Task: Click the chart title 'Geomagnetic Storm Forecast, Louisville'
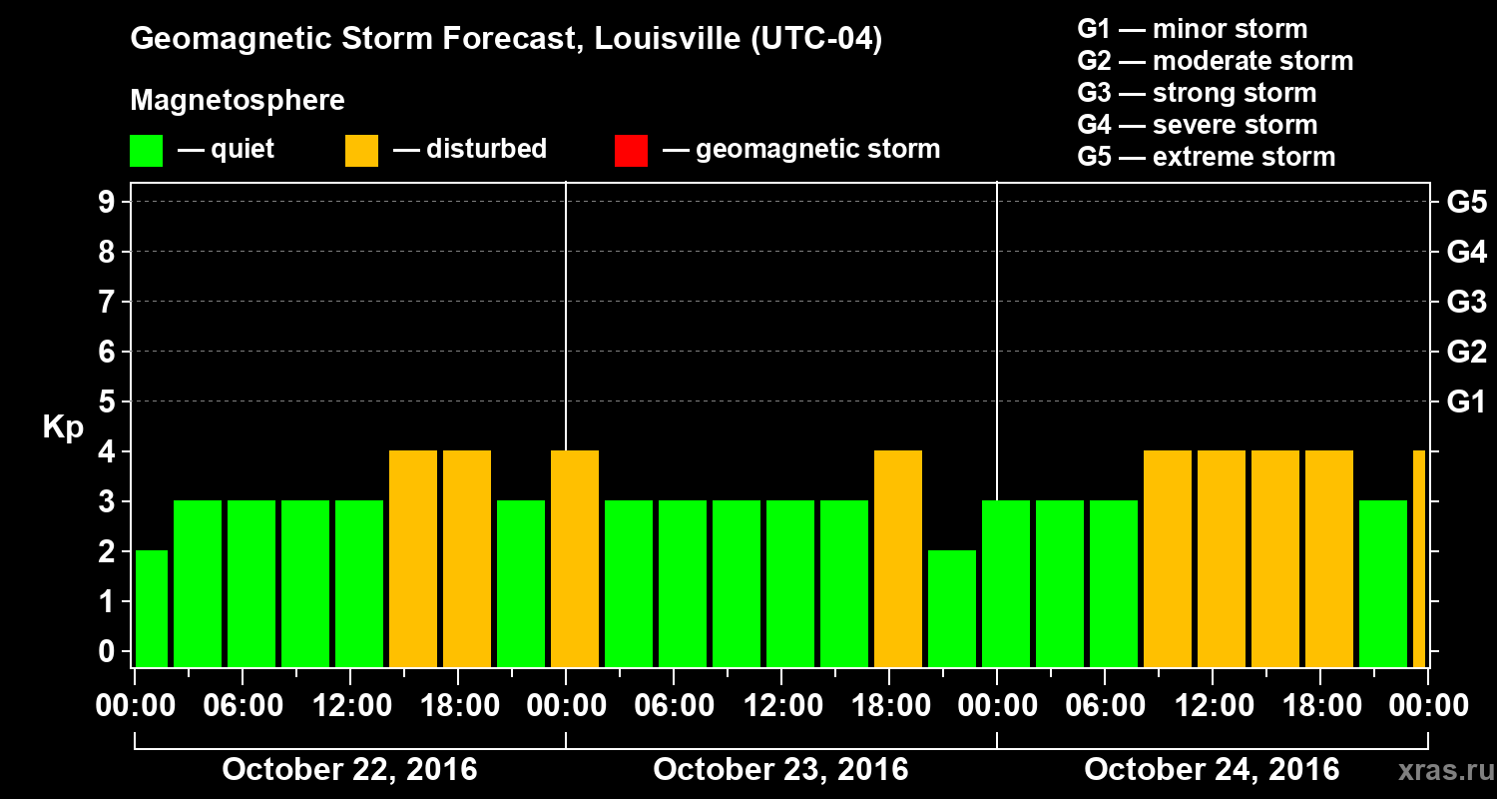(x=506, y=40)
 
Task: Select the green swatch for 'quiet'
(x=146, y=150)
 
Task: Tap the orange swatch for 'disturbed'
(x=361, y=150)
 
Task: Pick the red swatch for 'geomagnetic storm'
(x=631, y=150)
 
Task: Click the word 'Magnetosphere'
(x=238, y=101)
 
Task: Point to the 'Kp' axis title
(x=63, y=427)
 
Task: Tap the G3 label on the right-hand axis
(x=1466, y=302)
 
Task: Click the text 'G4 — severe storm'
(x=1197, y=125)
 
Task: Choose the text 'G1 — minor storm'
(x=1192, y=29)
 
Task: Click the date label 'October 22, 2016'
(x=349, y=770)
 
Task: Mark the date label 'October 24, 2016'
(x=1212, y=770)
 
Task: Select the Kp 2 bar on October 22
(x=152, y=608)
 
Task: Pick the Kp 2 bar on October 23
(x=952, y=608)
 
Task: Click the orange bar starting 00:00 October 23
(x=575, y=559)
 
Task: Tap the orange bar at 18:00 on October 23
(x=898, y=559)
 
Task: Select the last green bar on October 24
(x=1383, y=584)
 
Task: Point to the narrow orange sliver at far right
(x=1419, y=559)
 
